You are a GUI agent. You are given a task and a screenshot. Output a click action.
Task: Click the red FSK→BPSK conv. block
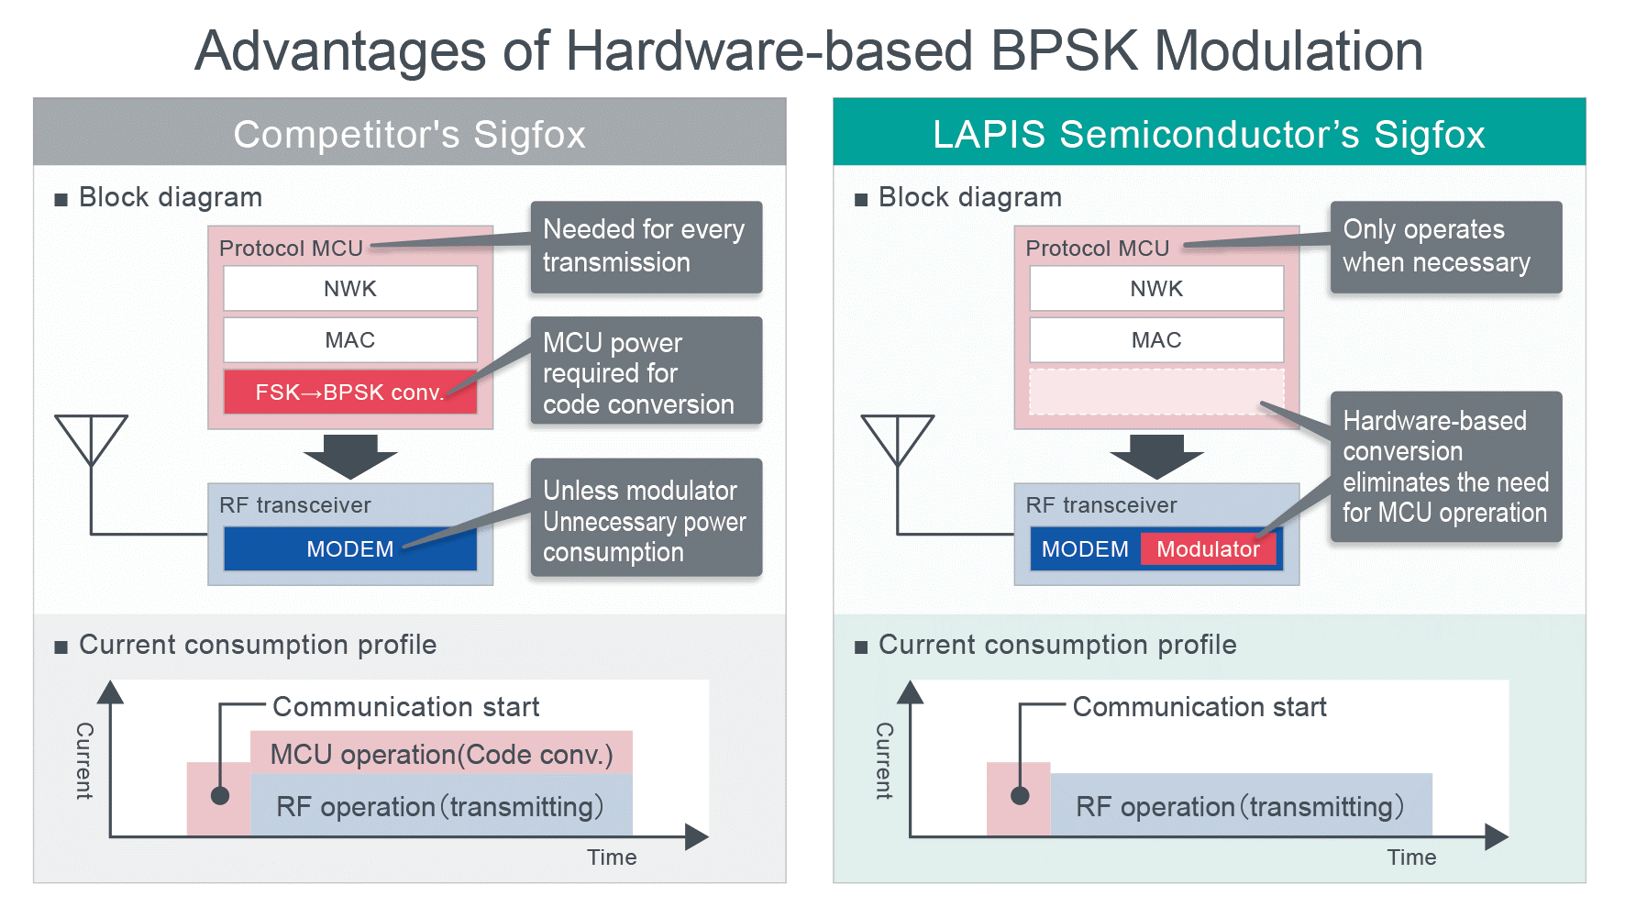click(x=349, y=393)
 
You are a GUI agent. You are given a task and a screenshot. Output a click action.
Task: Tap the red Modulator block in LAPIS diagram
click(x=1208, y=549)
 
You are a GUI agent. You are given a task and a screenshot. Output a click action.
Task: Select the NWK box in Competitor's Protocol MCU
click(x=349, y=289)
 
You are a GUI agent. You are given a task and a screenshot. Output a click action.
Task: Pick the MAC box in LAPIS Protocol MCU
click(x=1155, y=340)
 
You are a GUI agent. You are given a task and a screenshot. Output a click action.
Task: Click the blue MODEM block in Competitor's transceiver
click(x=349, y=549)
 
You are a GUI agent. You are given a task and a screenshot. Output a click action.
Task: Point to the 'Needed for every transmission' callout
click(x=646, y=247)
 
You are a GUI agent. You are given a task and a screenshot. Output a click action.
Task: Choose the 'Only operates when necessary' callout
click(x=1445, y=247)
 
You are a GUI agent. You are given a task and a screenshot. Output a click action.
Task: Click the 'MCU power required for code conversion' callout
click(x=646, y=371)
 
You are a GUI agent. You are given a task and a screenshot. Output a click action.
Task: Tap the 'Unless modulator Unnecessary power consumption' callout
click(x=646, y=519)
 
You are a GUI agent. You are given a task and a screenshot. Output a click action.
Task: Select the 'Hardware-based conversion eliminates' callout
click(x=1445, y=466)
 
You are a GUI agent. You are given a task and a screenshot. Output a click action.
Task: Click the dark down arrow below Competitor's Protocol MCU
click(x=349, y=456)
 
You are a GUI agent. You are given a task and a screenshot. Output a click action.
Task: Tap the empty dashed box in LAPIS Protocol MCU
click(x=1155, y=393)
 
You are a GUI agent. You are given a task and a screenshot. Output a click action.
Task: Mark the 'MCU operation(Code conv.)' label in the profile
click(x=441, y=755)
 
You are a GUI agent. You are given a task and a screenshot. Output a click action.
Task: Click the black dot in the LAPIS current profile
click(x=1020, y=795)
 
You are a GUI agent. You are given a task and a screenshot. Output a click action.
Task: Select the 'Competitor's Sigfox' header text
click(x=409, y=134)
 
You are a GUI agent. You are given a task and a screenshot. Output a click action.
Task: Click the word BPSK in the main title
click(x=1064, y=50)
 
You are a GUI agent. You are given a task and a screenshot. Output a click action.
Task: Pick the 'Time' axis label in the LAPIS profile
click(x=1411, y=857)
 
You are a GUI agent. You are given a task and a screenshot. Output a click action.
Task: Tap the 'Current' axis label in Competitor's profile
click(x=84, y=760)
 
